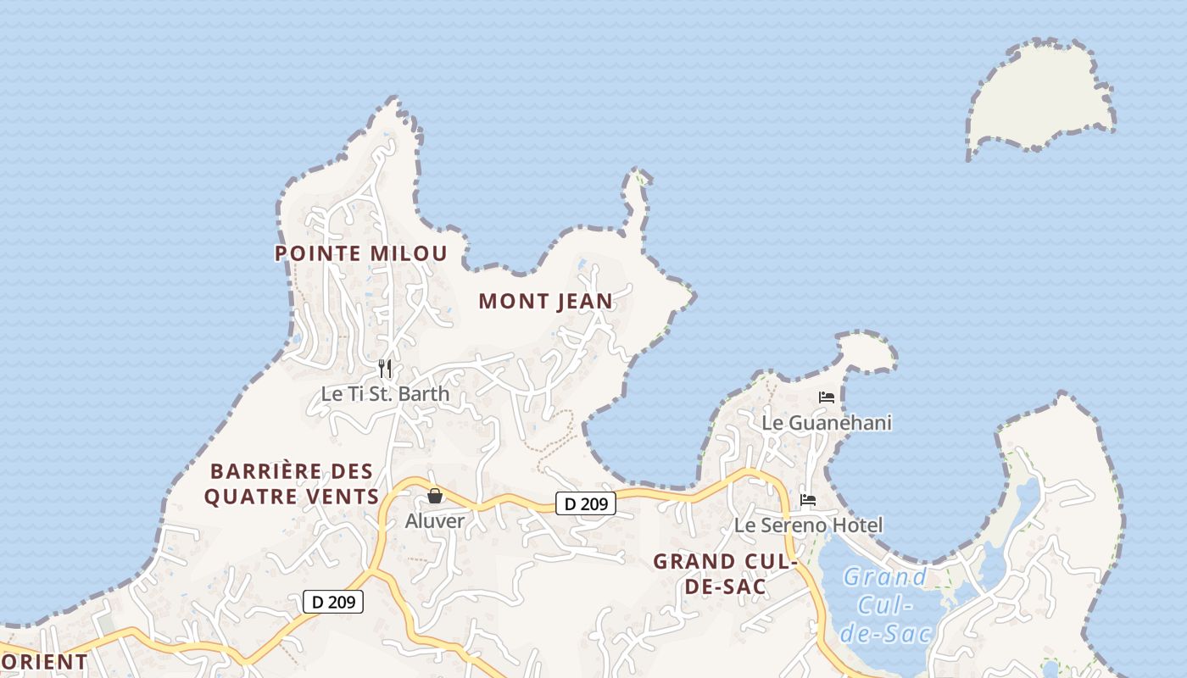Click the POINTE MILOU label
click(x=360, y=253)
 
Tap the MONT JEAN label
click(x=545, y=301)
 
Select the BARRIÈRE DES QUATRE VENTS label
click(x=291, y=484)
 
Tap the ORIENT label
click(x=44, y=662)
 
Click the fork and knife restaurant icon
click(x=385, y=369)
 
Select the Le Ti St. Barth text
click(x=385, y=394)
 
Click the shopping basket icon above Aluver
click(x=435, y=496)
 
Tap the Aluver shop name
click(x=434, y=521)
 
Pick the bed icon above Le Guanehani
click(x=827, y=397)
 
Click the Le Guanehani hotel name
click(x=827, y=422)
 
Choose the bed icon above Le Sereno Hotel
click(x=808, y=500)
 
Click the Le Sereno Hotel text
click(x=808, y=525)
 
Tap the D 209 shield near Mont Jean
click(x=586, y=503)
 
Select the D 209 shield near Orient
click(x=333, y=602)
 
